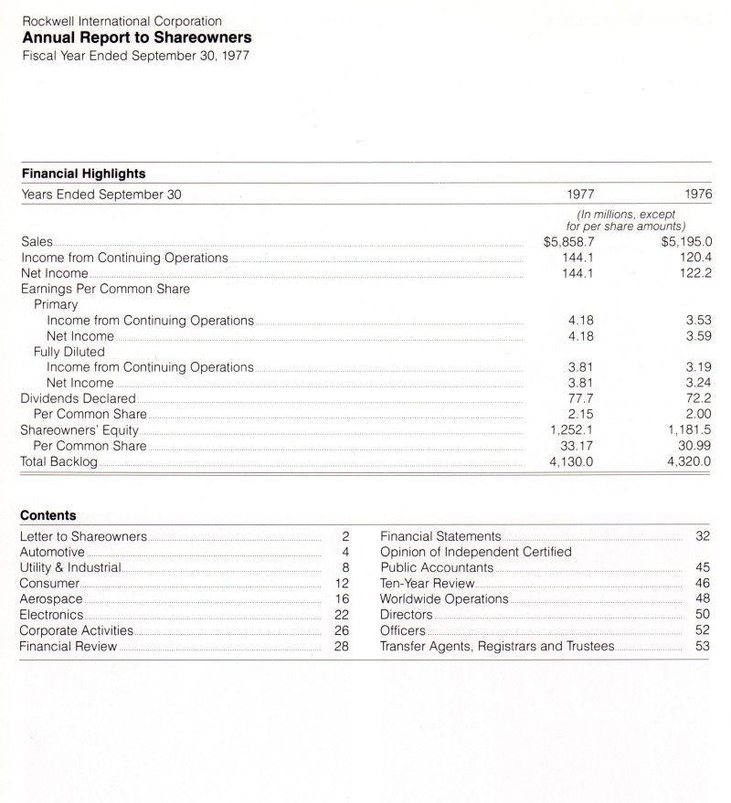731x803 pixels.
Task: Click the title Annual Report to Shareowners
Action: (136, 37)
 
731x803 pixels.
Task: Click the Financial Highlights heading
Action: (83, 173)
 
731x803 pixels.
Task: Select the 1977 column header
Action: (581, 194)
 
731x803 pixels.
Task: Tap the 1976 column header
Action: (696, 194)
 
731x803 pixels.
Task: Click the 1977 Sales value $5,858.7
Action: (568, 242)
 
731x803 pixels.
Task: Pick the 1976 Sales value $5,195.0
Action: (685, 242)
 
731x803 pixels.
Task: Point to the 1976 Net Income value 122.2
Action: (695, 273)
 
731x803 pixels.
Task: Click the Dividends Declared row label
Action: (78, 398)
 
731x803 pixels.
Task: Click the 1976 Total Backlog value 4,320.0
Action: (689, 461)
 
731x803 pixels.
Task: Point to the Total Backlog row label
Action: (58, 461)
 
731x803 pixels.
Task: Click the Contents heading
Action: (48, 515)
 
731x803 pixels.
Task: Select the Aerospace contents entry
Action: (51, 598)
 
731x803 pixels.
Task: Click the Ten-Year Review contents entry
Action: (428, 583)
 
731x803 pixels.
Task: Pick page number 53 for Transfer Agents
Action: (702, 647)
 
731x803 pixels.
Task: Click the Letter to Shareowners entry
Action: (83, 535)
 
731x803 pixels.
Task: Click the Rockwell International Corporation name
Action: (121, 20)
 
